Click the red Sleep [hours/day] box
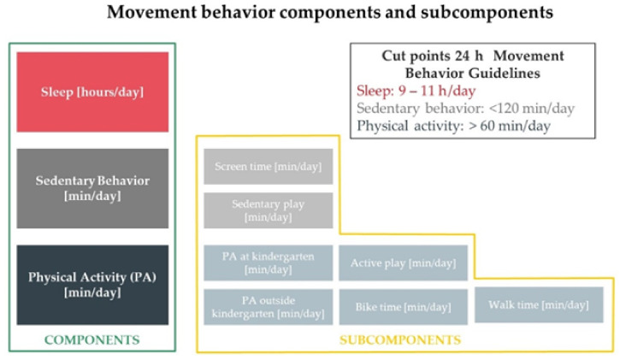(92, 92)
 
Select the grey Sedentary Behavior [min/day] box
(92, 188)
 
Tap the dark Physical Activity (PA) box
(92, 285)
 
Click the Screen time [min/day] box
(268, 167)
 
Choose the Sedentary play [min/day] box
(268, 210)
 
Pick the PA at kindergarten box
(268, 263)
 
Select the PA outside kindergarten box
(268, 307)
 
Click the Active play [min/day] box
(404, 263)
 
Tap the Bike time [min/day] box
(404, 307)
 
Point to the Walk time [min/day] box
(539, 304)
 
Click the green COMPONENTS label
(92, 339)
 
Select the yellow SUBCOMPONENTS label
(400, 339)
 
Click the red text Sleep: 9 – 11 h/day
(416, 91)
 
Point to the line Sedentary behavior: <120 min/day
(465, 109)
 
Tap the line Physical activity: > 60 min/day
(453, 126)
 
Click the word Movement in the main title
(151, 12)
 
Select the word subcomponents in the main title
(487, 13)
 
